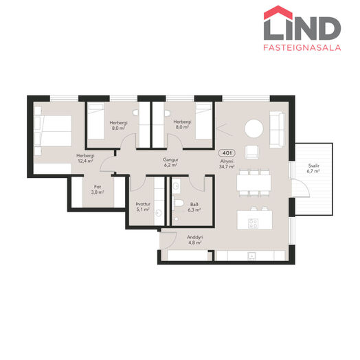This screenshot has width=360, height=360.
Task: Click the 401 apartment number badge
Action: tap(227, 153)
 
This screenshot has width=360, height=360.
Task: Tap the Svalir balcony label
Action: tap(313, 166)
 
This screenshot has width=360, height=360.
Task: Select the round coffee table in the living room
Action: tap(254, 128)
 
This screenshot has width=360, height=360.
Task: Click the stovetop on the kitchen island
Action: tap(253, 223)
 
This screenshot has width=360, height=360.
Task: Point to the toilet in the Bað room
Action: tap(179, 203)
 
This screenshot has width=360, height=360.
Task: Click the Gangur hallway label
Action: tap(170, 159)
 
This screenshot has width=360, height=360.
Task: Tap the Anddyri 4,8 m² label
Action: tap(194, 240)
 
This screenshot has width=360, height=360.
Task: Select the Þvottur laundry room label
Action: tap(143, 204)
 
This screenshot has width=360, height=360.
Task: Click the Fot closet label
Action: tap(98, 187)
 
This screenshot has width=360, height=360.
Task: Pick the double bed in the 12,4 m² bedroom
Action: tap(53, 131)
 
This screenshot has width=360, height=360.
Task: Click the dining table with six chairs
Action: tap(254, 183)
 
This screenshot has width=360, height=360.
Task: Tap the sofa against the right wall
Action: tap(278, 129)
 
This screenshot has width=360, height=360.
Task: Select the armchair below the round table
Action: tap(251, 152)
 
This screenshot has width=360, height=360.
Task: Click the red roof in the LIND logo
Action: tap(278, 12)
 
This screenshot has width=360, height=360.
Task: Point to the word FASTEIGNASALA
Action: tap(302, 47)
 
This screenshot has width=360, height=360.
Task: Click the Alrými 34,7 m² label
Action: tap(227, 164)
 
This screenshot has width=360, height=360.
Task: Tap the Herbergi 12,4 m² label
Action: tap(85, 158)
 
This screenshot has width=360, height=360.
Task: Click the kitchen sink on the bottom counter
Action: tap(251, 255)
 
